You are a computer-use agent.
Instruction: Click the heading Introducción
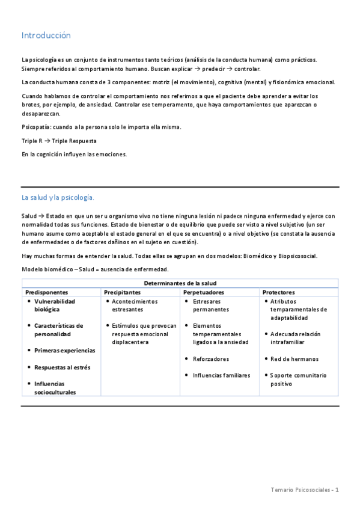46,35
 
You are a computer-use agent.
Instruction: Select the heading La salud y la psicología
58,197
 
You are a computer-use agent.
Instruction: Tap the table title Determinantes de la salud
180,283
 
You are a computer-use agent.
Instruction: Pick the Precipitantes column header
123,292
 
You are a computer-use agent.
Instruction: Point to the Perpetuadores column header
204,292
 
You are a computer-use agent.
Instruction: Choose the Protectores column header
278,292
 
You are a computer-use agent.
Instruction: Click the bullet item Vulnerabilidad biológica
55,305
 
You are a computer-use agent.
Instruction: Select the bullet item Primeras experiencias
64,350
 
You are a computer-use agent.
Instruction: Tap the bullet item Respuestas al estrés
62,367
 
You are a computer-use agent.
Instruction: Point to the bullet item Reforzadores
210,358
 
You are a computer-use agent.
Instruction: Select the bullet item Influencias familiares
221,375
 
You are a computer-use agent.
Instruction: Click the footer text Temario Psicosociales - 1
305,490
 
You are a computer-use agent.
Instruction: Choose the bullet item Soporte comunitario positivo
298,379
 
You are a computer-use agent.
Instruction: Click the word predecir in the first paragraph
215,69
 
